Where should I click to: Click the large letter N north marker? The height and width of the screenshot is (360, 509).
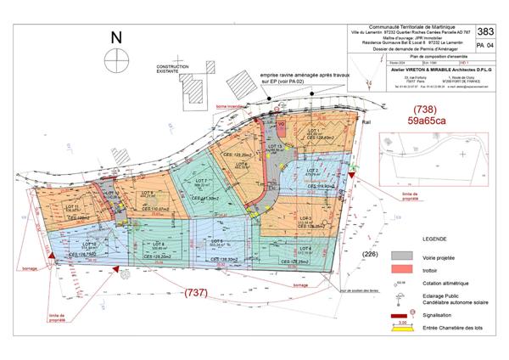[x=117, y=38]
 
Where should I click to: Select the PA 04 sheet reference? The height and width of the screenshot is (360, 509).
[x=484, y=47]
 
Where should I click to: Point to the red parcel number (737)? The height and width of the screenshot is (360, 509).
[x=199, y=294]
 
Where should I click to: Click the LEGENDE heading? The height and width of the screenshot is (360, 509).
[x=408, y=240]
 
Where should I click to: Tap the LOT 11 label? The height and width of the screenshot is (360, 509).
[x=72, y=206]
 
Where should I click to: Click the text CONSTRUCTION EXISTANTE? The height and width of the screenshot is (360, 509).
[x=168, y=69]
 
